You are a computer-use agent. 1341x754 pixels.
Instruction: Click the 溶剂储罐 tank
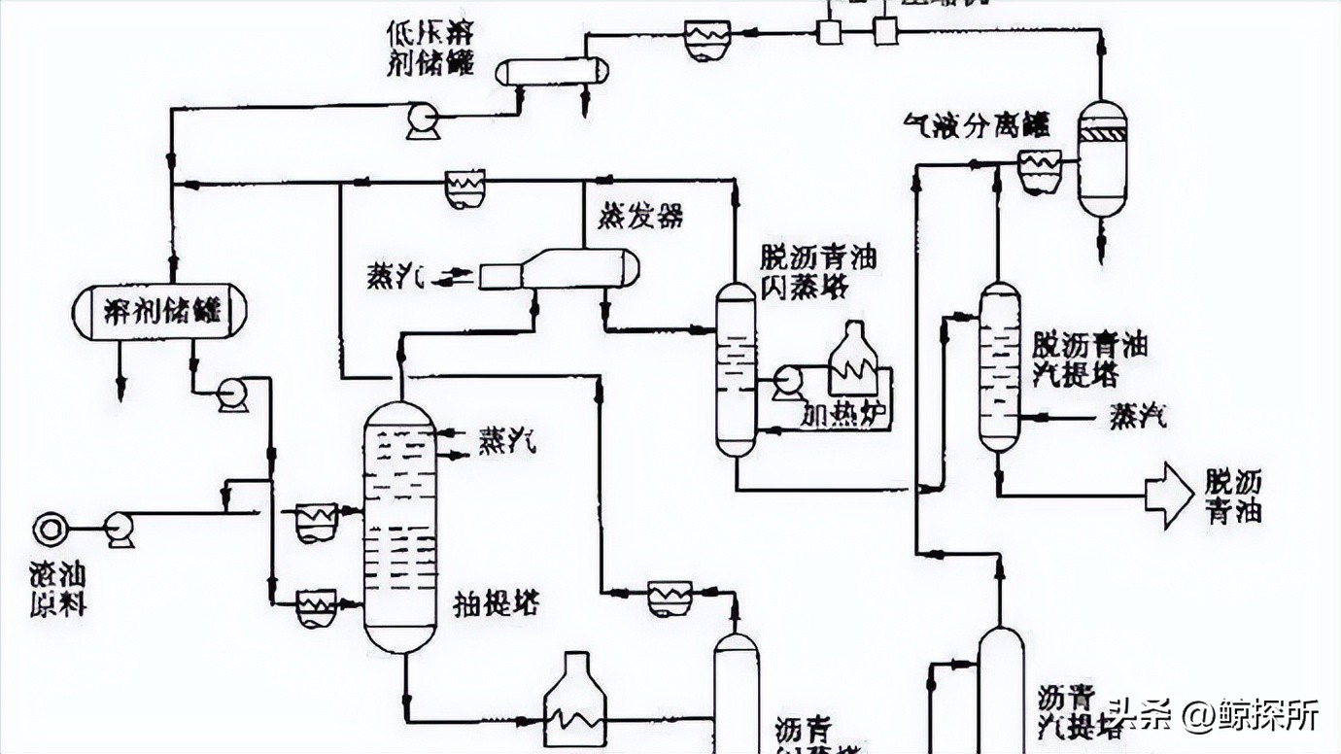point(159,312)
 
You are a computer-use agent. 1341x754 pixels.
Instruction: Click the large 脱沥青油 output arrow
point(1168,496)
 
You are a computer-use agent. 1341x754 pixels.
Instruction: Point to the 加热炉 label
point(845,415)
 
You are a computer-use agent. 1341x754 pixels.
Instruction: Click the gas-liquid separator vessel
point(1102,159)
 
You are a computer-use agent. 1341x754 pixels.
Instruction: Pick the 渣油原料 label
point(58,588)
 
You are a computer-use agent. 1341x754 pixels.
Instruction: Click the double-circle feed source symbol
point(50,529)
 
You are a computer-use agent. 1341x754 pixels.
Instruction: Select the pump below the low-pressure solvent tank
point(423,120)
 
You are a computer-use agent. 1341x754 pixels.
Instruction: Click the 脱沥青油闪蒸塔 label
point(818,272)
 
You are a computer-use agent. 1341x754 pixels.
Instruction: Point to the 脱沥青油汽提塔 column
point(999,367)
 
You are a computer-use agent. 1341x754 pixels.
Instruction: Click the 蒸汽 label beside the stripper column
point(1137,418)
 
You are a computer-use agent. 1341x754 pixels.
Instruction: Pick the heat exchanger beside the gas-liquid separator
point(1040,172)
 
